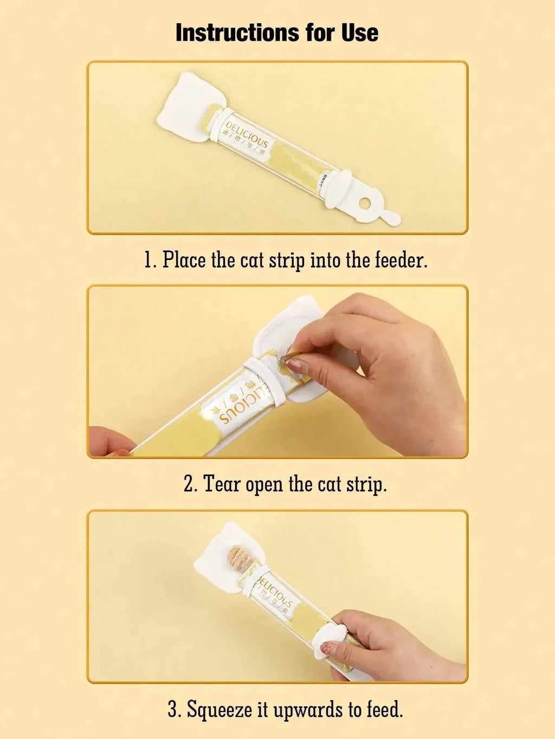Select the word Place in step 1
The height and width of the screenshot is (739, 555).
click(x=184, y=260)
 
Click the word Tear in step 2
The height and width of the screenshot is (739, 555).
click(x=221, y=483)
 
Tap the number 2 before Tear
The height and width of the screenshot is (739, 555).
click(x=189, y=483)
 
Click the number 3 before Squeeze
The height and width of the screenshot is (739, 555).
click(x=173, y=709)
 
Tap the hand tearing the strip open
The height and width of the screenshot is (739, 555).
click(x=390, y=368)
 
